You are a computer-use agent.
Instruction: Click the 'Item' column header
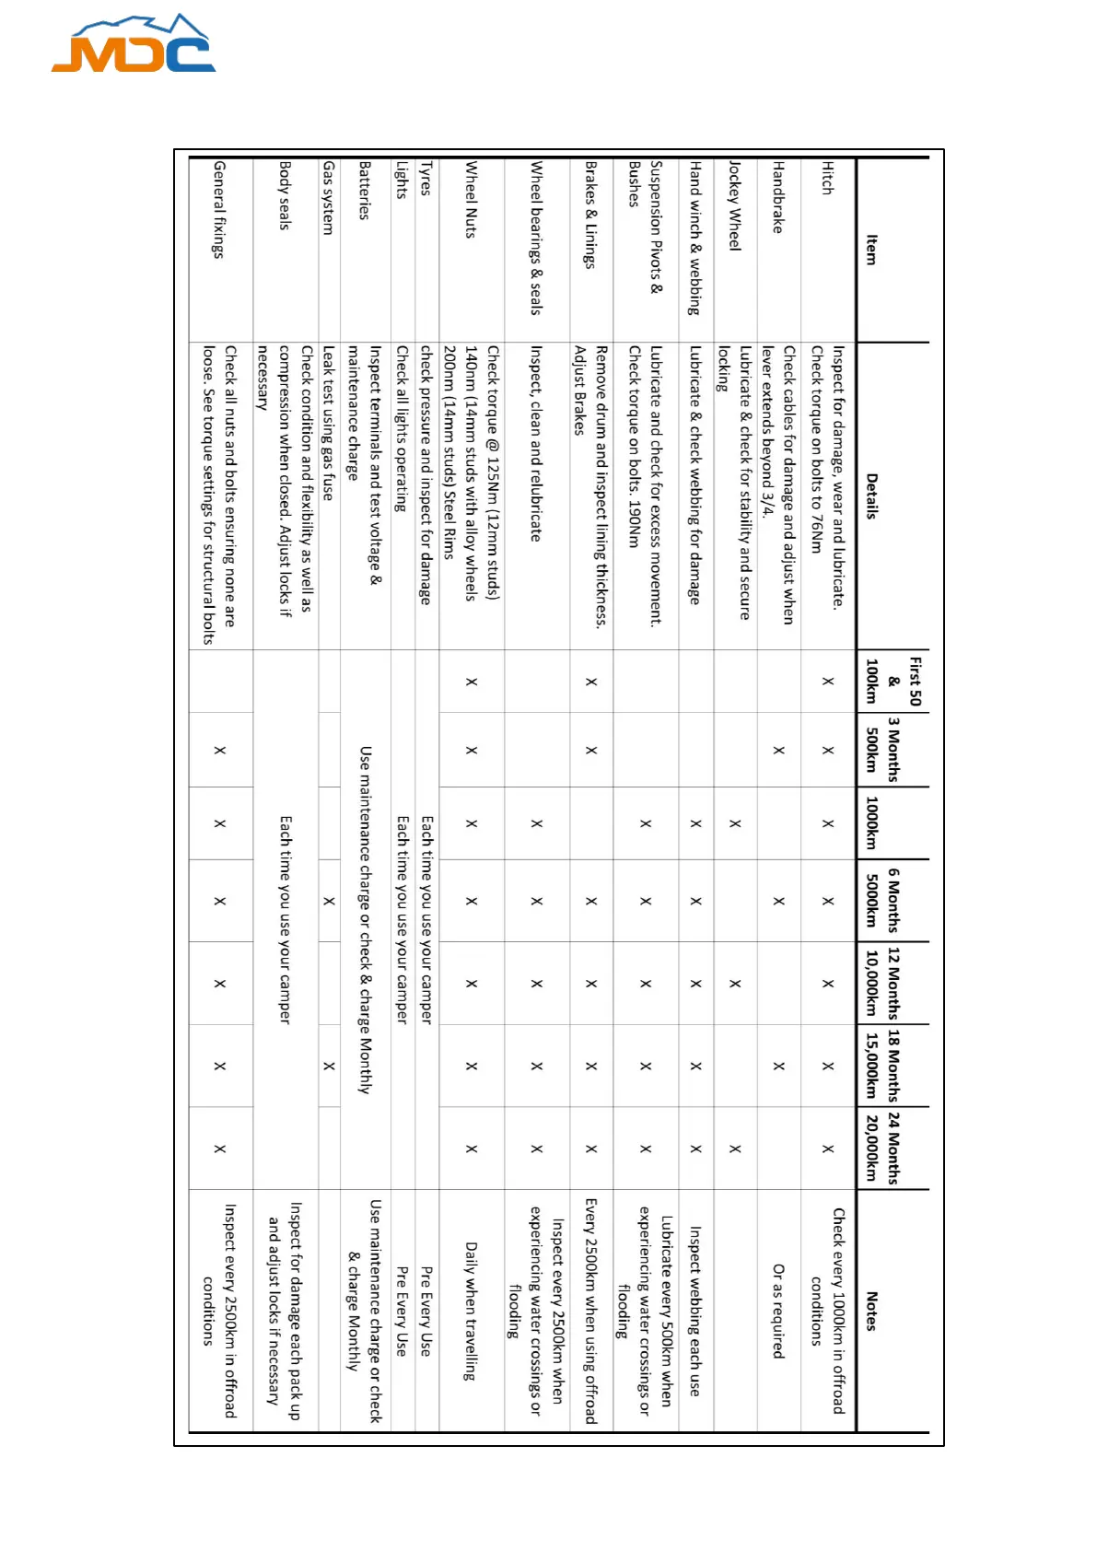click(871, 250)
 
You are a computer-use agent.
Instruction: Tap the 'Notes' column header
click(871, 1311)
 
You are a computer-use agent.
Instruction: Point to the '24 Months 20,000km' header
click(882, 1148)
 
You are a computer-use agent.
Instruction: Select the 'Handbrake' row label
click(778, 197)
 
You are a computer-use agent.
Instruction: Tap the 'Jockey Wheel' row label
click(734, 205)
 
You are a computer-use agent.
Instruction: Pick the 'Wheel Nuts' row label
click(471, 200)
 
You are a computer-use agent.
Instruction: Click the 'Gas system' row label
click(329, 197)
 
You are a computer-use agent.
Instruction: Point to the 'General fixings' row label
click(219, 209)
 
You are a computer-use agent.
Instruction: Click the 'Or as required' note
click(778, 1311)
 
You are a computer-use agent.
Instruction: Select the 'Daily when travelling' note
click(471, 1311)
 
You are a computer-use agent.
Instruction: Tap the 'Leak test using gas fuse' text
click(329, 425)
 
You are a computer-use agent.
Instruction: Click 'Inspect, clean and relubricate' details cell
click(536, 443)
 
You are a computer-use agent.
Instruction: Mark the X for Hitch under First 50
click(827, 682)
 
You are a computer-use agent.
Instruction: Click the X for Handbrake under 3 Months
click(778, 750)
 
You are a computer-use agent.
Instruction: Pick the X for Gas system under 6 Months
click(329, 901)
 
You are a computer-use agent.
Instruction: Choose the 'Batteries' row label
click(365, 190)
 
